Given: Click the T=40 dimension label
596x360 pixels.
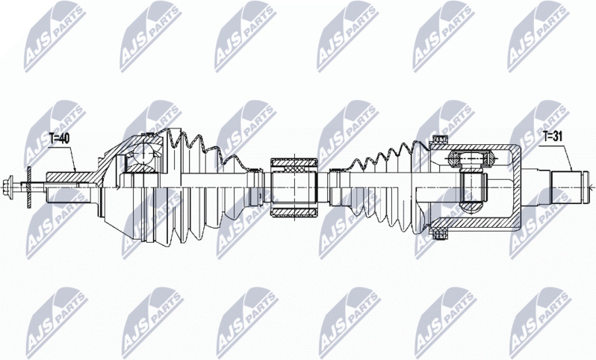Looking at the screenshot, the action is click(59, 139).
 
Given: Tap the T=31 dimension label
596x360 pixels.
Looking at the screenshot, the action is click(553, 136).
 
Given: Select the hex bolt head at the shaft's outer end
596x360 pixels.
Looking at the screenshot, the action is click(7, 187).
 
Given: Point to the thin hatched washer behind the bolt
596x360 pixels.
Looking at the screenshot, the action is click(28, 187).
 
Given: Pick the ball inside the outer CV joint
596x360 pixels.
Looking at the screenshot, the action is click(143, 154).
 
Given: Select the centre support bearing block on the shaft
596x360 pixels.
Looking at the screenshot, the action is click(294, 187).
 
